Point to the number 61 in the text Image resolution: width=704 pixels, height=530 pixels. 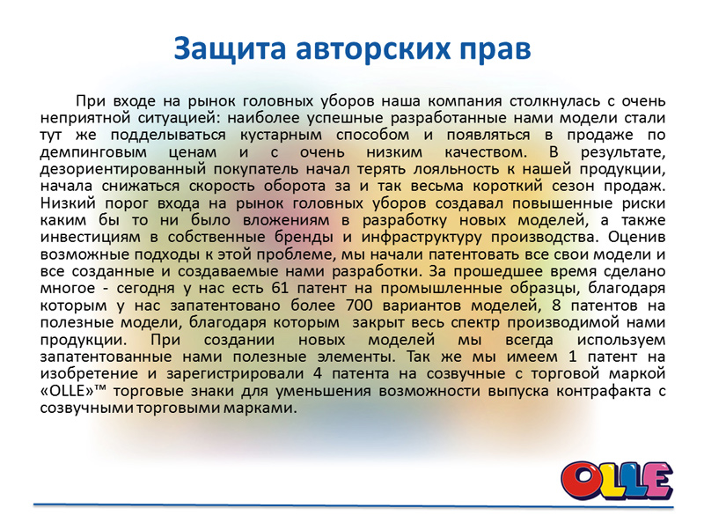coord(280,288)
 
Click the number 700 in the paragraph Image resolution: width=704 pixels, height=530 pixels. coord(360,305)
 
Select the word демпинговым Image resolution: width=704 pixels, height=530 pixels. coord(93,152)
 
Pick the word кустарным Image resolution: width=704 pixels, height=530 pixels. coord(281,136)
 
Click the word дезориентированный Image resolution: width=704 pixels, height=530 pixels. coord(123,170)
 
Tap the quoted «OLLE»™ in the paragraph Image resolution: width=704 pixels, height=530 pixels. coord(73,391)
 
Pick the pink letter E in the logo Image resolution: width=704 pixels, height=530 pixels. coord(657,480)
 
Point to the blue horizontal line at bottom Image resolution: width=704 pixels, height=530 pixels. coord(354,506)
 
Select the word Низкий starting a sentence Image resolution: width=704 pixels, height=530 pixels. coord(68,203)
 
